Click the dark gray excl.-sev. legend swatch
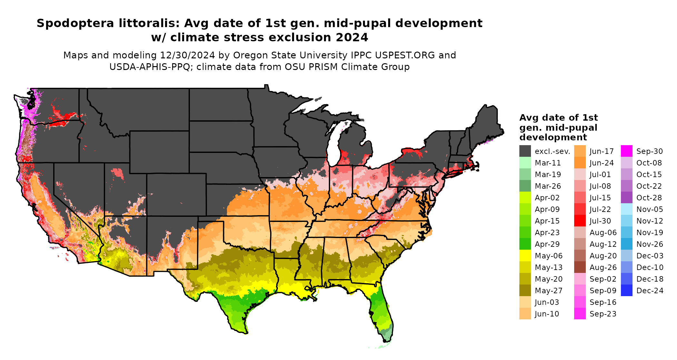525,151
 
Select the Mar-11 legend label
548,163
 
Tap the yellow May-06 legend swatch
525,256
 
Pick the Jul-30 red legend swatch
580,221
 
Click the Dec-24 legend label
650,291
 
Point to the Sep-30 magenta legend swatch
626,151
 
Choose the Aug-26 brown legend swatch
580,267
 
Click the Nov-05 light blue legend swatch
626,209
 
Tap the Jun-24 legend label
602,163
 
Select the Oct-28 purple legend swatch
626,198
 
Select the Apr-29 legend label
547,244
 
